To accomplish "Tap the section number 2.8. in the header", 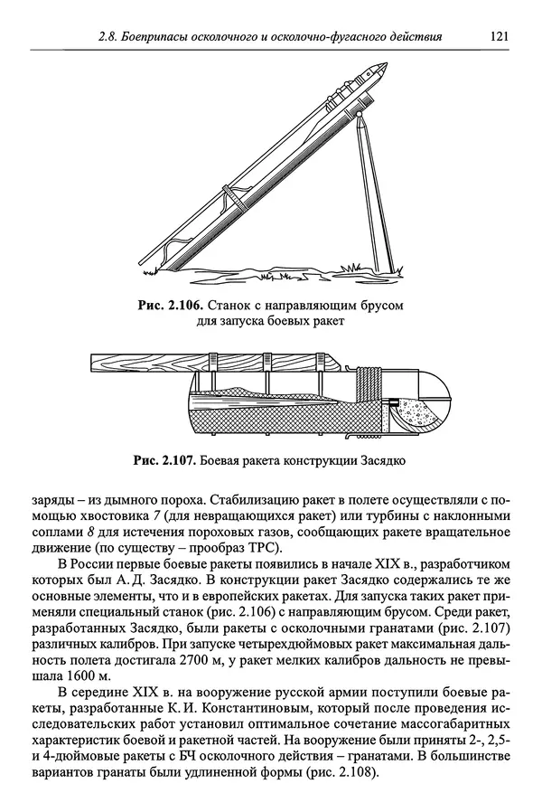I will tap(113, 37).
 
